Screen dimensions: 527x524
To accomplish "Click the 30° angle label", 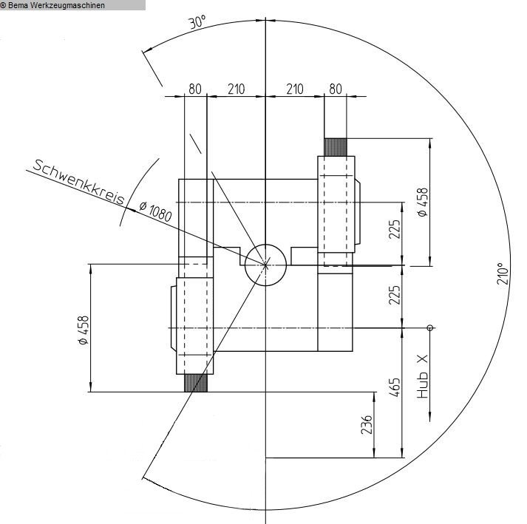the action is (x=197, y=22).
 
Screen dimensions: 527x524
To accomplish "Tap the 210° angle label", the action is (x=503, y=274).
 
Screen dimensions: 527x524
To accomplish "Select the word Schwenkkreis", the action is (x=79, y=182).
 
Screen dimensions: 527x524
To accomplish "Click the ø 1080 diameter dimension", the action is (x=156, y=211).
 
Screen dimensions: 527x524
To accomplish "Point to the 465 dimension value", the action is (x=395, y=387).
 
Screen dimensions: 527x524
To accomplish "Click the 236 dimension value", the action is (x=367, y=424).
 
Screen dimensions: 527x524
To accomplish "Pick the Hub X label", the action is (x=423, y=376).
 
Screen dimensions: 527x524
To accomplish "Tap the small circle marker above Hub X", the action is (x=430, y=327).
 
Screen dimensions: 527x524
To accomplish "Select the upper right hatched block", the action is (x=336, y=147).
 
